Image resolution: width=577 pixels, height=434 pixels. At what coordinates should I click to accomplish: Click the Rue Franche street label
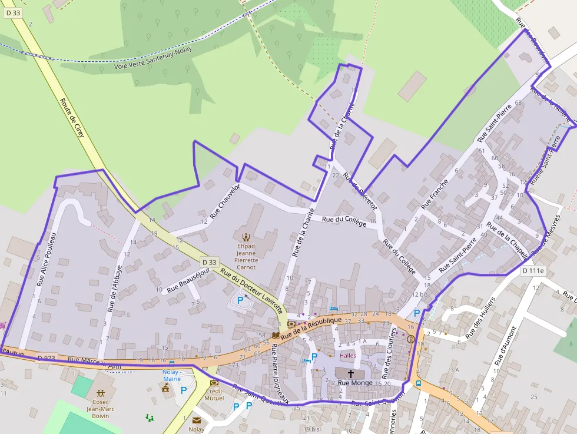click(x=435, y=194)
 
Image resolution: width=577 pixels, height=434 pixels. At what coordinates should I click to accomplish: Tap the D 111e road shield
click(x=534, y=270)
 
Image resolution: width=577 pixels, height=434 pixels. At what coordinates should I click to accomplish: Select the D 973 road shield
click(x=46, y=357)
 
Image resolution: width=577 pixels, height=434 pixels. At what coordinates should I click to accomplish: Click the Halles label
click(x=348, y=356)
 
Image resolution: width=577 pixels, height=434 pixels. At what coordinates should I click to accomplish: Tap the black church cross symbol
click(x=351, y=373)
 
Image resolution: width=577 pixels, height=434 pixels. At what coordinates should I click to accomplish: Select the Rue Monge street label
click(x=355, y=383)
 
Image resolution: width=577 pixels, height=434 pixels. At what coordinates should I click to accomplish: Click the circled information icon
click(x=410, y=339)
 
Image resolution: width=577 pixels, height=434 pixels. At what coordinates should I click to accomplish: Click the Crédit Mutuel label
click(x=214, y=394)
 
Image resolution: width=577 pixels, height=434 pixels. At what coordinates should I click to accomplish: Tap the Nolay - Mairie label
click(x=171, y=375)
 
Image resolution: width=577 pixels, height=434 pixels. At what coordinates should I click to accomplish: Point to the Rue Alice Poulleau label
click(x=46, y=259)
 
